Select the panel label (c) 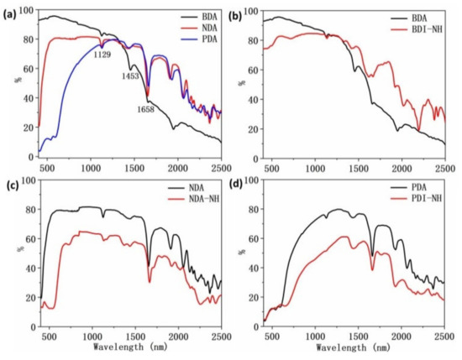click(x=11, y=185)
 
